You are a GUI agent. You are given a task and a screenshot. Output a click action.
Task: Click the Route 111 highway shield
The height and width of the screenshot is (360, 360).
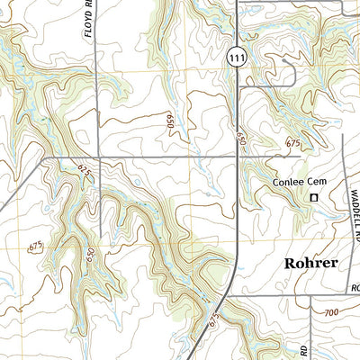[x=234, y=56]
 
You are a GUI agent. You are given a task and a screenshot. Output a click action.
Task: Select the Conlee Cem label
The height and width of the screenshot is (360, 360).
[x=299, y=183]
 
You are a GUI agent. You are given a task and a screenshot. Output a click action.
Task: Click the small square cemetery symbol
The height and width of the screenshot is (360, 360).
[x=315, y=197]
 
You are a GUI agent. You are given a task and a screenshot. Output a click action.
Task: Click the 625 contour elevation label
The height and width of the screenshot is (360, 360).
[x=85, y=174]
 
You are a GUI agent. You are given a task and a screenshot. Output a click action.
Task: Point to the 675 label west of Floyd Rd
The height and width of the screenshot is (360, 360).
[x=35, y=246]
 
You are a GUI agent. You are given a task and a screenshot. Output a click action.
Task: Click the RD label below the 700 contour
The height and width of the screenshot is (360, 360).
[x=304, y=346]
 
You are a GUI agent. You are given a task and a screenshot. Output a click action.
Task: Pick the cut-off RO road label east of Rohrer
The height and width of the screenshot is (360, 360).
[x=354, y=289]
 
